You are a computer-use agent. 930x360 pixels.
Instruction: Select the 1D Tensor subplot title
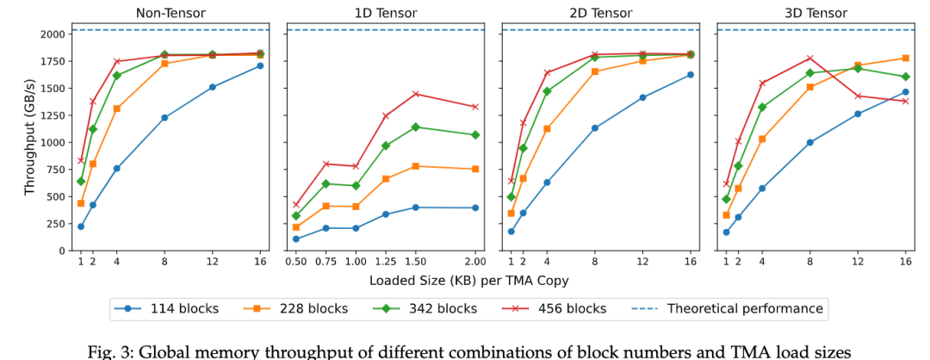[386, 13]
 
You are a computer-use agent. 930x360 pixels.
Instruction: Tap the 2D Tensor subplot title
[601, 13]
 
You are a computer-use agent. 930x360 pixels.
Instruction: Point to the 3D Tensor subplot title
[816, 13]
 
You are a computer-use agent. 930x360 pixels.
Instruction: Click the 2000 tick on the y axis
[49, 34]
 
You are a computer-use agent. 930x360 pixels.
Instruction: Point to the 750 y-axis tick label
[53, 170]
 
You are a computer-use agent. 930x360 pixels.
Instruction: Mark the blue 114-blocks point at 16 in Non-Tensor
[259, 65]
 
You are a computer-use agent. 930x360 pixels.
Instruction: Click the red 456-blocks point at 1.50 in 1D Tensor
[416, 94]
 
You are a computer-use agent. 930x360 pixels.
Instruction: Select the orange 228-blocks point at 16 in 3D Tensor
[905, 59]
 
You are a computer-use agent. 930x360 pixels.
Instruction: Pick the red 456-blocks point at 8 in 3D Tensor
[809, 59]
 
